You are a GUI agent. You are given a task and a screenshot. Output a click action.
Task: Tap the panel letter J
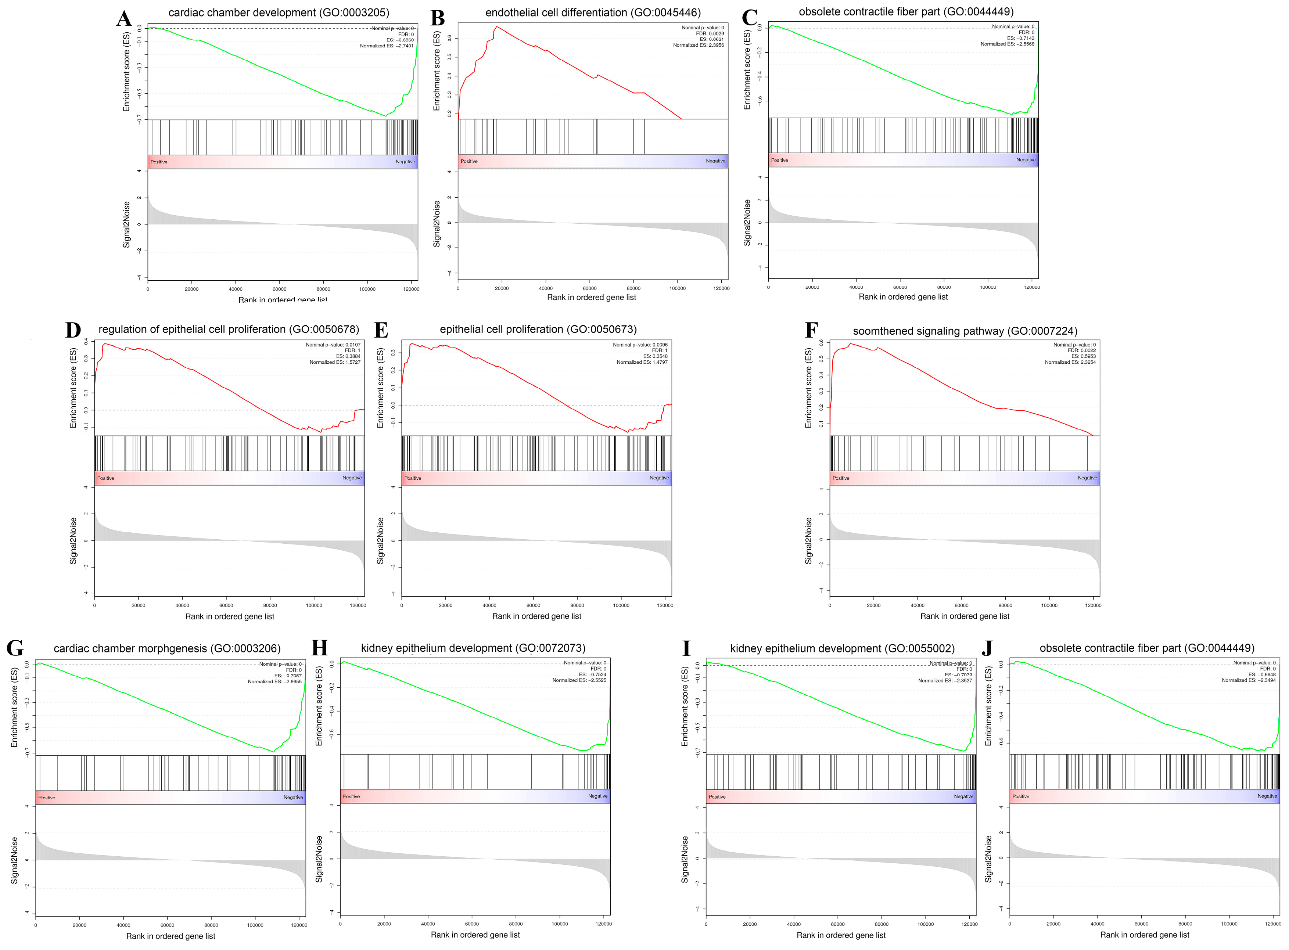(987, 648)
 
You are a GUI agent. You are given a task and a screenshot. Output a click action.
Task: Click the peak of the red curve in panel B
(496, 26)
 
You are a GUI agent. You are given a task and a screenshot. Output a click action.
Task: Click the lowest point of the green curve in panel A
(386, 116)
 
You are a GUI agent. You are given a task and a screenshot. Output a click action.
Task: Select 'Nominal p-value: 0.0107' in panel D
(333, 345)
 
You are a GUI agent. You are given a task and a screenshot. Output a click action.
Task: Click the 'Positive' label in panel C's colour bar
(779, 160)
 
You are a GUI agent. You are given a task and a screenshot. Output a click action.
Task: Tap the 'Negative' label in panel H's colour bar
(597, 796)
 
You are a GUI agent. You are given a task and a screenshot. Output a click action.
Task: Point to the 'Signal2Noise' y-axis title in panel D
(73, 540)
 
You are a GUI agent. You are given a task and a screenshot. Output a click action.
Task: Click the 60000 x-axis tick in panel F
(961, 605)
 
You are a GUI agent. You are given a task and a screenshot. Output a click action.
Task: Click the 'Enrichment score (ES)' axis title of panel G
(14, 707)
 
